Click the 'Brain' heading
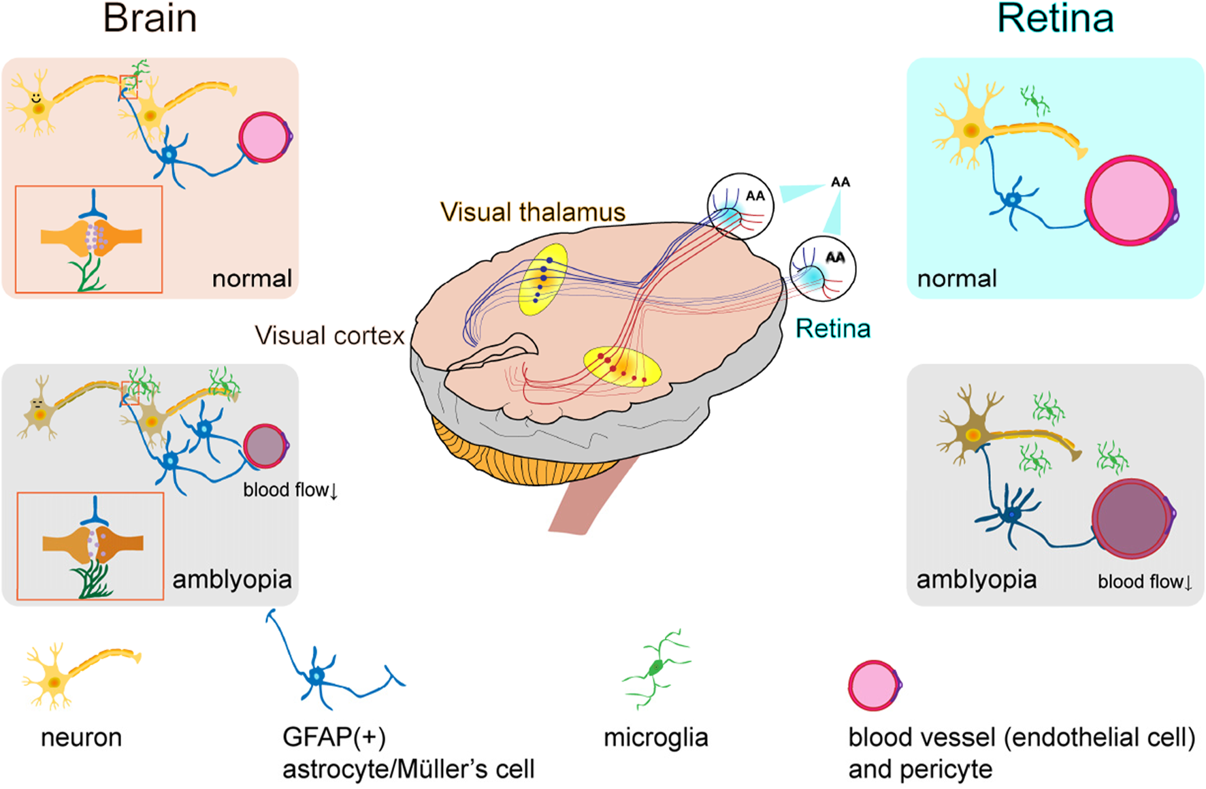(x=150, y=18)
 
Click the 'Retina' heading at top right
(x=1055, y=18)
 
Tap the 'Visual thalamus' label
(x=532, y=212)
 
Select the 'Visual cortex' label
(x=329, y=336)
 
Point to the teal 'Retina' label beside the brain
(x=833, y=329)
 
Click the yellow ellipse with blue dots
(x=542, y=279)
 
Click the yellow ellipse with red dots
(x=623, y=367)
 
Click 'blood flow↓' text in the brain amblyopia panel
(x=290, y=490)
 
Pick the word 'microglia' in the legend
(x=655, y=738)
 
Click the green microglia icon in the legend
(x=655, y=669)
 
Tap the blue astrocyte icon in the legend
(x=317, y=676)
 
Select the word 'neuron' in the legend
(x=81, y=738)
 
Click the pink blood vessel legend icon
(x=874, y=686)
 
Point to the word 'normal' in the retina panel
(x=956, y=278)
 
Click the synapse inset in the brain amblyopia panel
(x=91, y=546)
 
